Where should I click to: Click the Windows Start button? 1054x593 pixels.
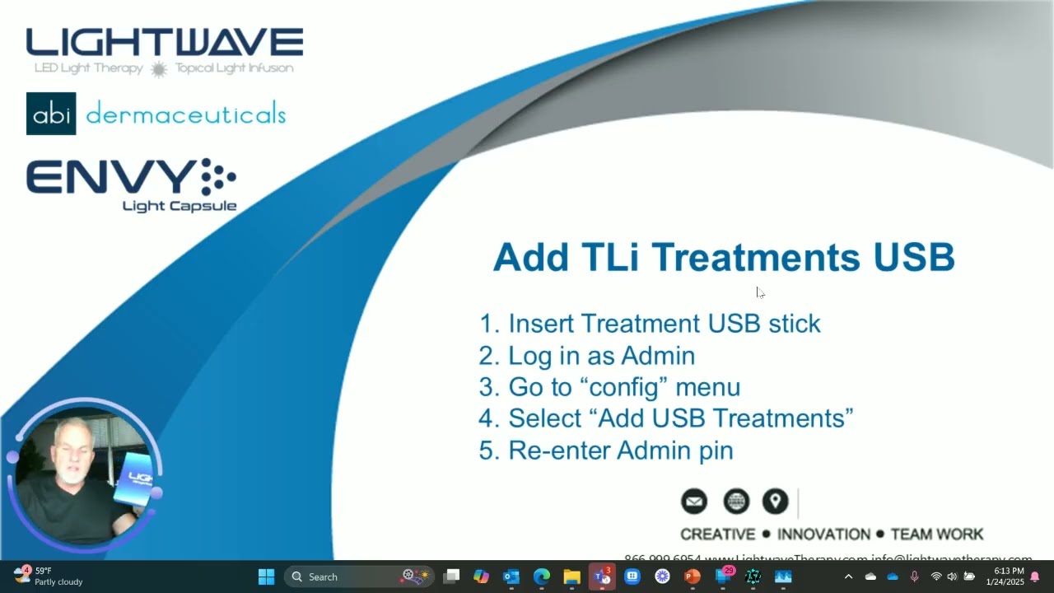(x=266, y=577)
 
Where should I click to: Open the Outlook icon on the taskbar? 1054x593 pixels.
(x=511, y=577)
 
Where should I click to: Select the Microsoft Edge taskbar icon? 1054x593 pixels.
(x=541, y=577)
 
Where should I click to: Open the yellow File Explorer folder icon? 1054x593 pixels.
(x=571, y=577)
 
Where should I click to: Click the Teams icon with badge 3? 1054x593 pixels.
(x=602, y=577)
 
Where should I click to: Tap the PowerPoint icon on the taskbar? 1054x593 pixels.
(x=693, y=577)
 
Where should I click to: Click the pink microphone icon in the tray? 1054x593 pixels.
(x=914, y=577)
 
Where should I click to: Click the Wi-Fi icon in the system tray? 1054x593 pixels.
(x=936, y=577)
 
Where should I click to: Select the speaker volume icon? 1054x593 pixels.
(x=952, y=577)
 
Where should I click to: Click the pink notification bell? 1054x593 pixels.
(x=1035, y=577)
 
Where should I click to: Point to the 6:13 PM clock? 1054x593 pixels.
(x=1009, y=571)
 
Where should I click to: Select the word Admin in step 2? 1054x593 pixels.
(x=658, y=355)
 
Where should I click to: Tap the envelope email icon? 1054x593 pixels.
(x=694, y=501)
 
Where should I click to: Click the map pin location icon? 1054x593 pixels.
(x=775, y=501)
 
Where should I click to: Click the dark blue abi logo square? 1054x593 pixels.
(x=51, y=114)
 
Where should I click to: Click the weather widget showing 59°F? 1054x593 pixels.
(x=48, y=576)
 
